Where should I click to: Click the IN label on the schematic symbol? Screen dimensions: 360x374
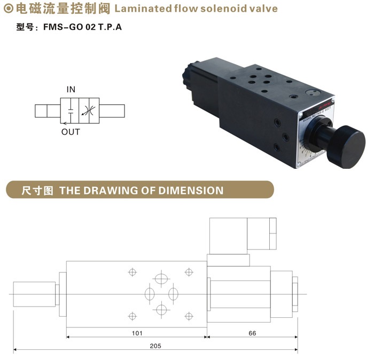point(71,89)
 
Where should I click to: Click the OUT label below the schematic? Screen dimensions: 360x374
point(71,132)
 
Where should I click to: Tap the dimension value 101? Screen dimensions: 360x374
point(137,333)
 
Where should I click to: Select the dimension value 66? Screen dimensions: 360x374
point(252,333)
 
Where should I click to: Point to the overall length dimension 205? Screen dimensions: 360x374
point(155,346)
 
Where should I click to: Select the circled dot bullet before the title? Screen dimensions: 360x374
point(8,9)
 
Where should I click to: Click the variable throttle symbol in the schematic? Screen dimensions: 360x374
point(87,111)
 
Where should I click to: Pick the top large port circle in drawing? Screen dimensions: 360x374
point(161,279)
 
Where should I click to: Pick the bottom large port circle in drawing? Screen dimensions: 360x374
point(161,310)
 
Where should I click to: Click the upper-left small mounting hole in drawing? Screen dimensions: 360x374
point(132,272)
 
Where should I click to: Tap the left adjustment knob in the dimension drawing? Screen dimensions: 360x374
point(34,295)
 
